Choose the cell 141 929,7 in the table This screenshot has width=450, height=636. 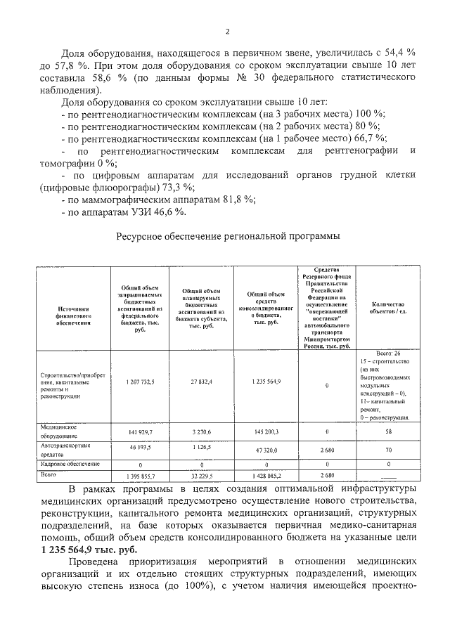[140, 431]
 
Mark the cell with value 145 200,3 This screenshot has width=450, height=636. [266, 431]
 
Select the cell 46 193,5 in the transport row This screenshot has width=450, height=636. [140, 447]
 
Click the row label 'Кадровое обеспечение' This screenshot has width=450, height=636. [70, 464]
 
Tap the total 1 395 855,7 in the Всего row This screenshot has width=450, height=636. [140, 476]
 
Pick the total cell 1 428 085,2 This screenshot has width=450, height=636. [266, 476]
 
